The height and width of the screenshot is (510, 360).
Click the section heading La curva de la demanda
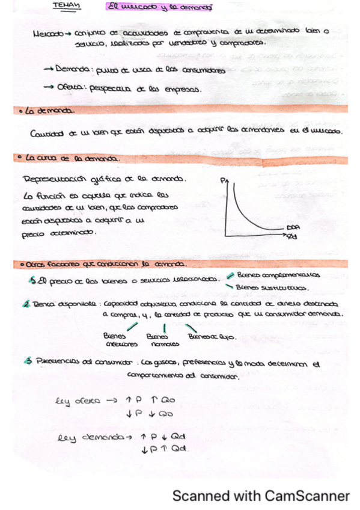pos(71,159)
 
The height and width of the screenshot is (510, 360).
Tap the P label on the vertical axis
pos(223,179)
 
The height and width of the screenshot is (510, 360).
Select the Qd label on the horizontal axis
pos(292,237)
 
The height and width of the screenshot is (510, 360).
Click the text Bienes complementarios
pos(278,275)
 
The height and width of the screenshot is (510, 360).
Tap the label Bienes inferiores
pos(121,340)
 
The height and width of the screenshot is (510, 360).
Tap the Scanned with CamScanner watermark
pos(260,496)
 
